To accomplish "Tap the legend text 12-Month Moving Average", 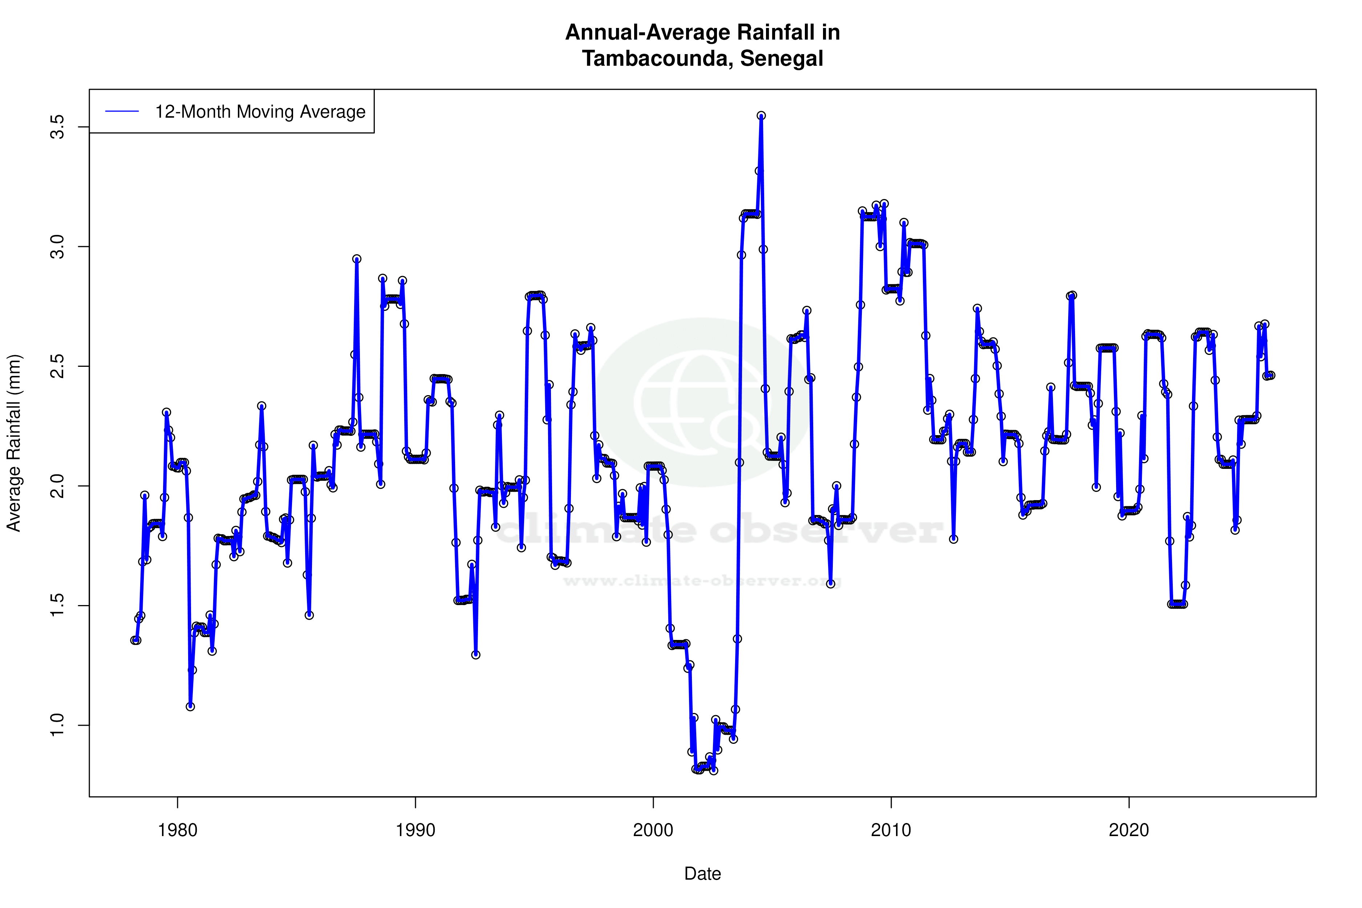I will (x=260, y=112).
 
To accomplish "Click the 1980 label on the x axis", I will (x=178, y=830).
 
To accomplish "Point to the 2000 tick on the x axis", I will (x=653, y=830).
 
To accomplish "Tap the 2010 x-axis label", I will (x=891, y=830).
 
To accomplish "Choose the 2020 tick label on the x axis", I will (x=1128, y=830).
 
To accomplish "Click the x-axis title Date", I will (x=702, y=874).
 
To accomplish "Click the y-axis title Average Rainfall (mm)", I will (x=14, y=443).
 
